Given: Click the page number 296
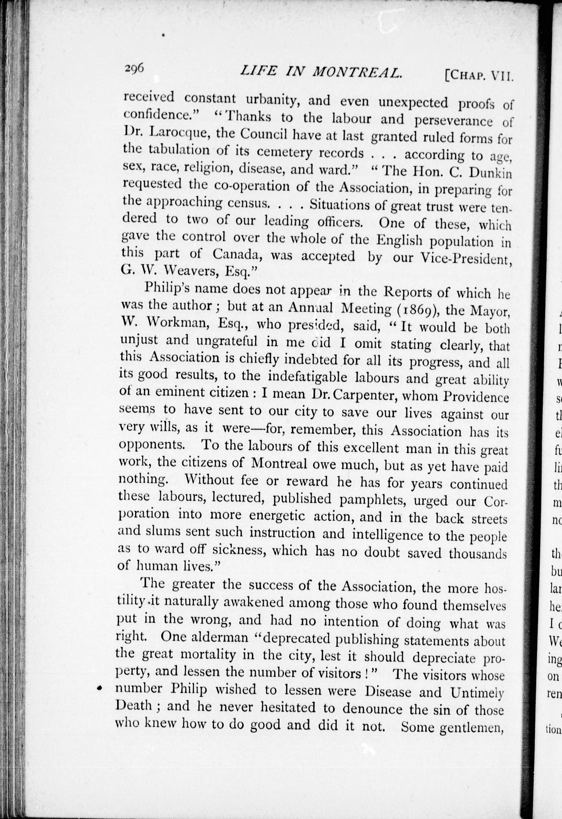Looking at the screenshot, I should (134, 67).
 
